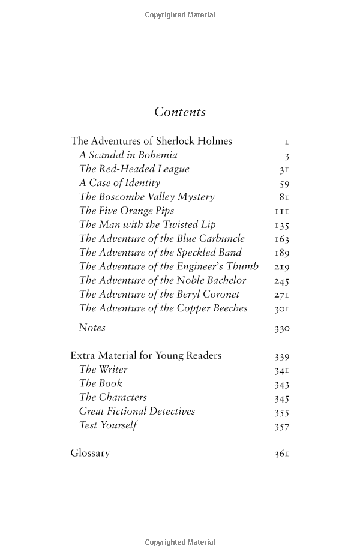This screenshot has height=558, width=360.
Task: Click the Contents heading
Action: (x=179, y=112)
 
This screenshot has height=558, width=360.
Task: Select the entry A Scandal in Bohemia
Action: (x=128, y=155)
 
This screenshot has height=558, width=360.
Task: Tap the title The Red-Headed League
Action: (x=134, y=169)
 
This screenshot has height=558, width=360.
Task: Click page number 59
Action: (x=284, y=184)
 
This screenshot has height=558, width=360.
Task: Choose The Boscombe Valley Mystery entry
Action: (x=146, y=197)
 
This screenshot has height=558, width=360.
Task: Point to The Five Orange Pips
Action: (x=126, y=211)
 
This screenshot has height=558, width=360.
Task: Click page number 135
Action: (x=281, y=226)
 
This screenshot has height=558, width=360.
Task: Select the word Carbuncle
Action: (x=222, y=239)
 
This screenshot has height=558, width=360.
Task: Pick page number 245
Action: (x=281, y=281)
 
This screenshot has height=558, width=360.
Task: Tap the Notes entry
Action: (x=92, y=328)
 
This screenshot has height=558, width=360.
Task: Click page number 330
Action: (x=281, y=329)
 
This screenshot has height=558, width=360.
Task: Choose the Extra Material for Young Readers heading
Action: (x=146, y=356)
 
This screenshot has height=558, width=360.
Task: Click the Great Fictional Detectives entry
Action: (x=137, y=411)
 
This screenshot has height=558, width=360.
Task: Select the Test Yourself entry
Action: (x=108, y=425)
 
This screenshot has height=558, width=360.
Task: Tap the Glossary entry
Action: (x=90, y=453)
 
